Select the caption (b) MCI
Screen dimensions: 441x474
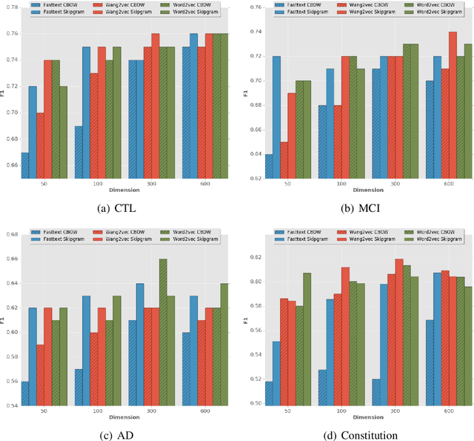click(361, 208)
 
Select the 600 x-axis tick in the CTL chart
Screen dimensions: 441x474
click(201, 183)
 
